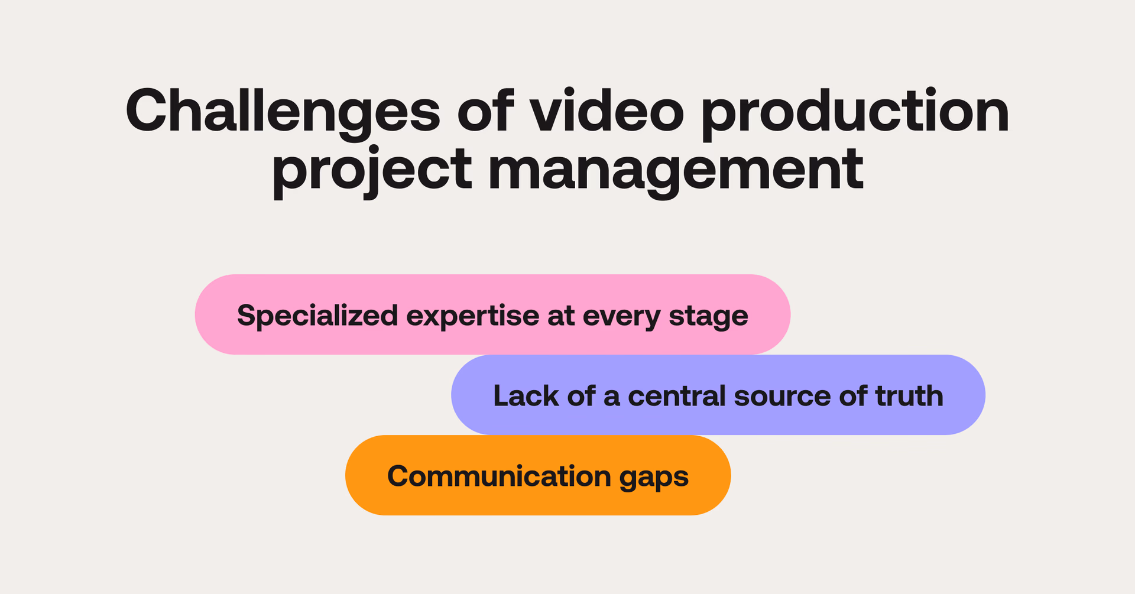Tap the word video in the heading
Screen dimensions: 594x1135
pyautogui.click(x=607, y=111)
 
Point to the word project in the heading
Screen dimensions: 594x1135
pyautogui.click(x=372, y=171)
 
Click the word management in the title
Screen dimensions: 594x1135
pyautogui.click(x=675, y=171)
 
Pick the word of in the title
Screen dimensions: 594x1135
pyautogui.click(x=485, y=111)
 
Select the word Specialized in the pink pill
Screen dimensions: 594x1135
pyautogui.click(x=317, y=316)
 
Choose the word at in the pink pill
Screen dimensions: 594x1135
pyautogui.click(x=560, y=316)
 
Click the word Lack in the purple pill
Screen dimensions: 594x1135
pyautogui.click(x=526, y=395)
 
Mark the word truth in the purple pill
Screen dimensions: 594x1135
pyautogui.click(x=909, y=395)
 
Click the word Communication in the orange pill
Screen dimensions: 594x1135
pyautogui.click(x=499, y=476)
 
